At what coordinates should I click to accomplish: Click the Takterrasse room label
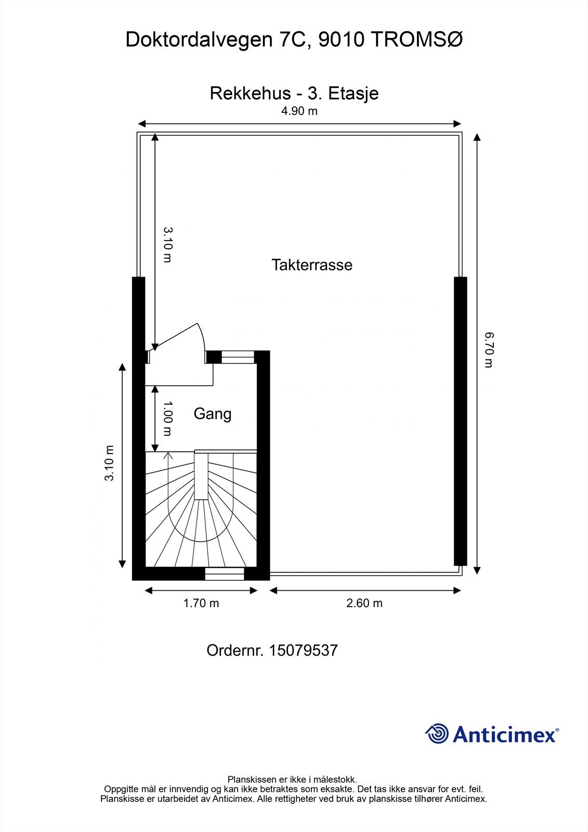[311, 265]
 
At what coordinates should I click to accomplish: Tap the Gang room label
[212, 414]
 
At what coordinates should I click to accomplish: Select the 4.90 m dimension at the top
[299, 111]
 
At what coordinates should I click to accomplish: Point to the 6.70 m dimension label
[488, 350]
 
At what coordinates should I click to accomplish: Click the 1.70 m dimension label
[201, 603]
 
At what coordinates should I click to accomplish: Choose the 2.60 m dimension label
[364, 603]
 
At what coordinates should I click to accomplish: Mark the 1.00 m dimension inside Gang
[167, 419]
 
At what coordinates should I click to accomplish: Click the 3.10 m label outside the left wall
[109, 463]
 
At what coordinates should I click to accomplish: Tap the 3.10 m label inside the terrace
[167, 244]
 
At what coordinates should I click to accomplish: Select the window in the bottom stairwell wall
[224, 574]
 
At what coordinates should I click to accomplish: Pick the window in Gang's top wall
[238, 357]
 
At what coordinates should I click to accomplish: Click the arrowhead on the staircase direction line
[168, 456]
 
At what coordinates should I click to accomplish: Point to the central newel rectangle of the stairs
[201, 476]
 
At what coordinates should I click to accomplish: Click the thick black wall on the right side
[460, 421]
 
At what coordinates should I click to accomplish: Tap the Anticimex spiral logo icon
[437, 734]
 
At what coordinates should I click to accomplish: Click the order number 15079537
[303, 651]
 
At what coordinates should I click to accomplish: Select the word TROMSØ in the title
[415, 40]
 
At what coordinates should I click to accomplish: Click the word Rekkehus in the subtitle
[250, 93]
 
